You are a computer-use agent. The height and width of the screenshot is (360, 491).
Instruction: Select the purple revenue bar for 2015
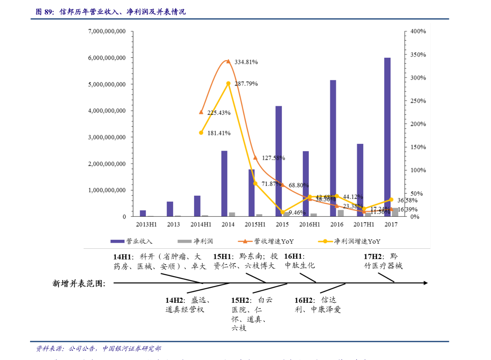[x=279, y=161]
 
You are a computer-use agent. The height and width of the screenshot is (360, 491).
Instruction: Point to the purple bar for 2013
[x=170, y=209]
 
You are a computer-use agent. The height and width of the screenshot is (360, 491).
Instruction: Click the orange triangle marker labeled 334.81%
[x=228, y=61]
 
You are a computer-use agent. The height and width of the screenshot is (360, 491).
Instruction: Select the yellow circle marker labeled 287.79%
[x=228, y=83]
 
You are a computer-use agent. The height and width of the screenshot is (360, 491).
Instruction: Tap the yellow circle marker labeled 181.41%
[x=201, y=133]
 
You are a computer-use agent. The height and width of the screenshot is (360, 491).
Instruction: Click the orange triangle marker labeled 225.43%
[x=201, y=112]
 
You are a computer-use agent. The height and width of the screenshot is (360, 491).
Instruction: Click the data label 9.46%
[x=297, y=213]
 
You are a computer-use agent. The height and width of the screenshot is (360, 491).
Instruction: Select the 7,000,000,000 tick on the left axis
[x=107, y=31]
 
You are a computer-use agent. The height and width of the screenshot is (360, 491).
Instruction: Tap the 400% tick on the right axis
[x=418, y=31]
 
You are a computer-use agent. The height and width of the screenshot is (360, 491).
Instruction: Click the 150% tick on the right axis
[x=418, y=147]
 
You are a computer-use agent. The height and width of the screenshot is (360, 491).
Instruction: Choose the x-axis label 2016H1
[x=309, y=224]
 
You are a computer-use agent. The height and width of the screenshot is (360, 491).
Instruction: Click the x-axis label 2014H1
[x=201, y=224]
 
